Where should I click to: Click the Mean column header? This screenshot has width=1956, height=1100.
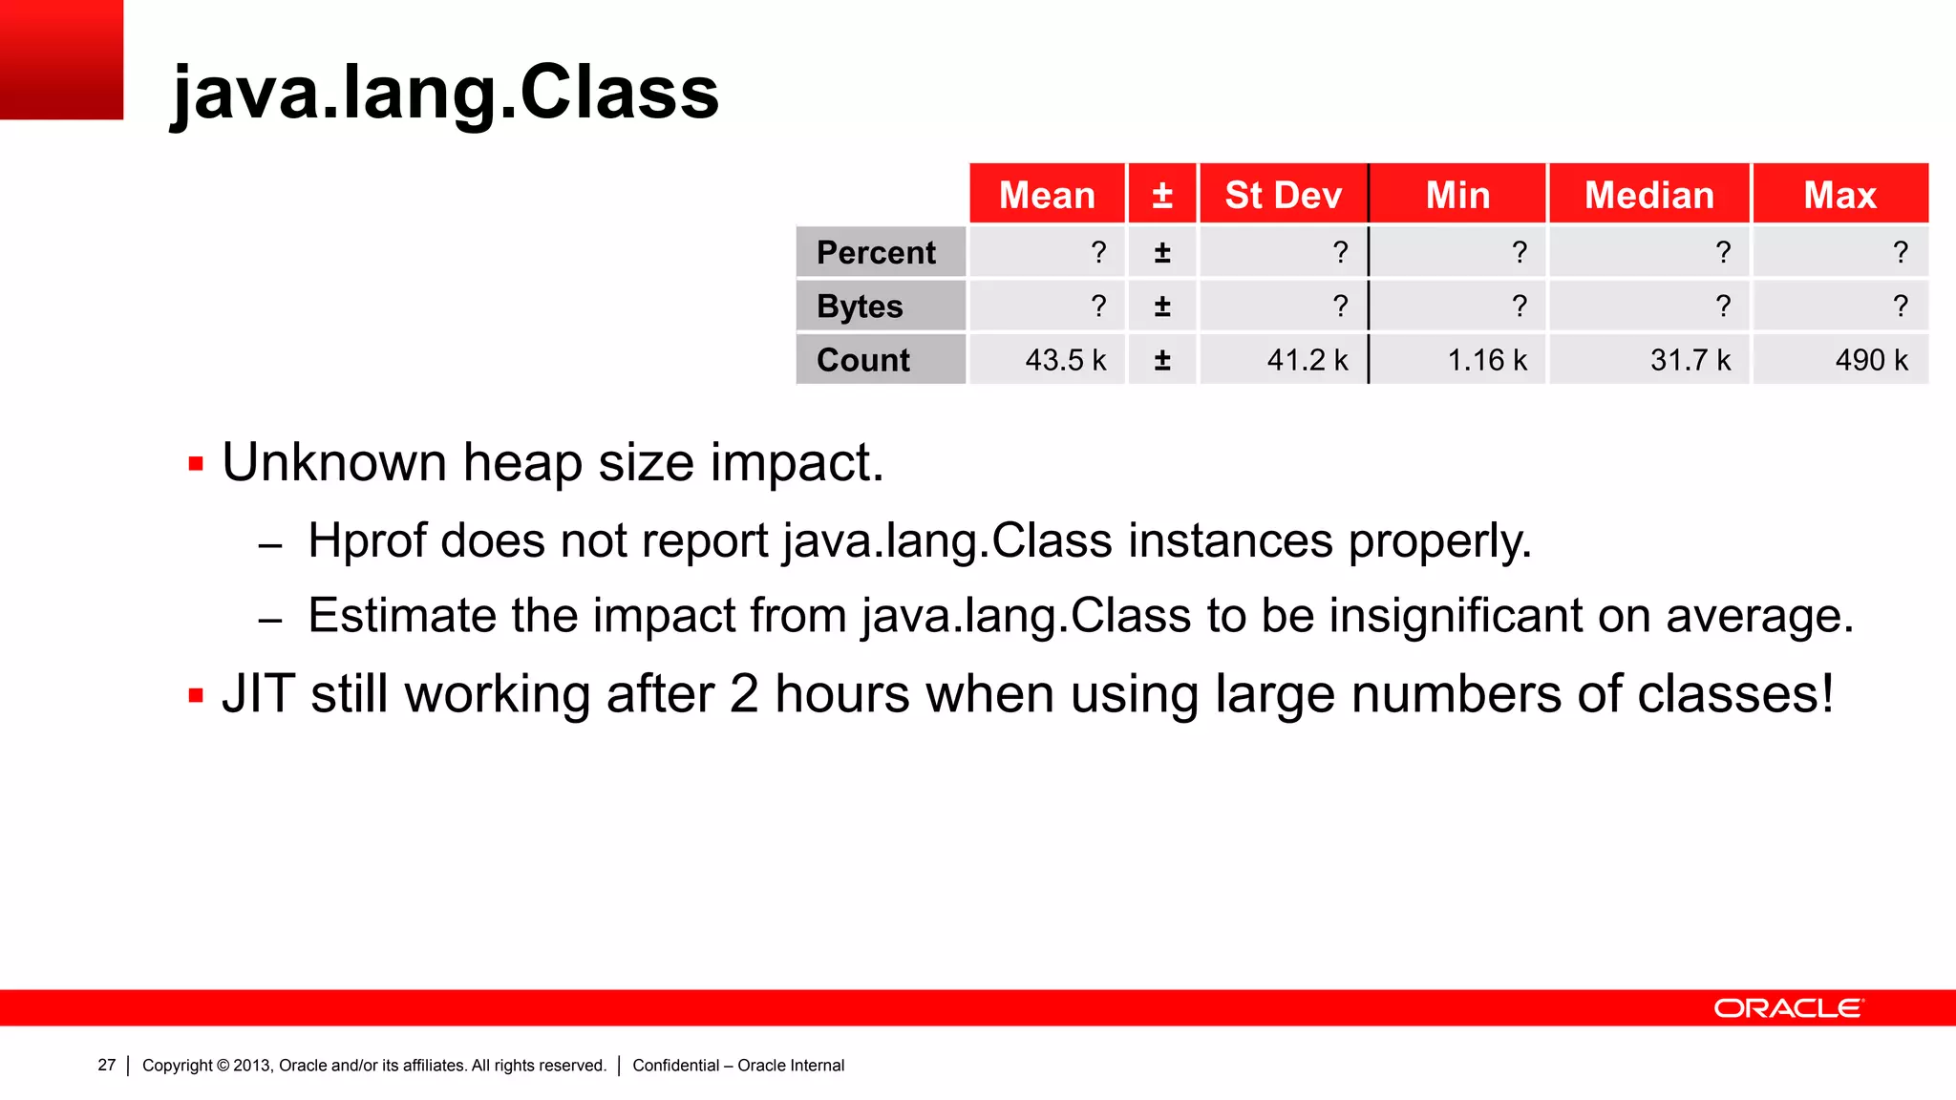1047,195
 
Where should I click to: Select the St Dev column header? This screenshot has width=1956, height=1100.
1283,195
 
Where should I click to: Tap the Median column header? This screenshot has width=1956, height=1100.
1648,195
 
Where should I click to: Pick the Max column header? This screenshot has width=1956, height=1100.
1839,195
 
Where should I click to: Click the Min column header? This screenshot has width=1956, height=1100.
1457,195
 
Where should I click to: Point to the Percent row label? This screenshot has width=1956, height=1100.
876,252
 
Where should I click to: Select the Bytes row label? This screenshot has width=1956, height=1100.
860,307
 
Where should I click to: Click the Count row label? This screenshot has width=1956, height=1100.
863,360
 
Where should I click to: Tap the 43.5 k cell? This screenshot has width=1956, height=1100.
1065,360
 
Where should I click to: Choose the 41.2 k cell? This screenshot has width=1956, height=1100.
1307,360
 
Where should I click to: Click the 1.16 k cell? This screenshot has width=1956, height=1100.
1487,360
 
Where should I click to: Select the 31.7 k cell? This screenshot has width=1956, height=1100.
1690,360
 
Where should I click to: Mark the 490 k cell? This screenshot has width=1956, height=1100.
1871,360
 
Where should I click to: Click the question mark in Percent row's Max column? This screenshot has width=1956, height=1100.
1900,252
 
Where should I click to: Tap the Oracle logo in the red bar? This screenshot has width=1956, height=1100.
1788,1008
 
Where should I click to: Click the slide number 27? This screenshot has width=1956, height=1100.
106,1065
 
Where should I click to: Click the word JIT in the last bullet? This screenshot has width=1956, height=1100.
258,694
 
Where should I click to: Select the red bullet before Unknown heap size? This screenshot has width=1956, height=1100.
196,465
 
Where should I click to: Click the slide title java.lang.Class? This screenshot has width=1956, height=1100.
444,93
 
